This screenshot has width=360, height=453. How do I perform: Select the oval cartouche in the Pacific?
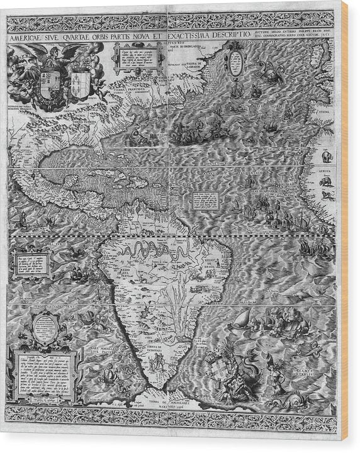coord(44,329)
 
